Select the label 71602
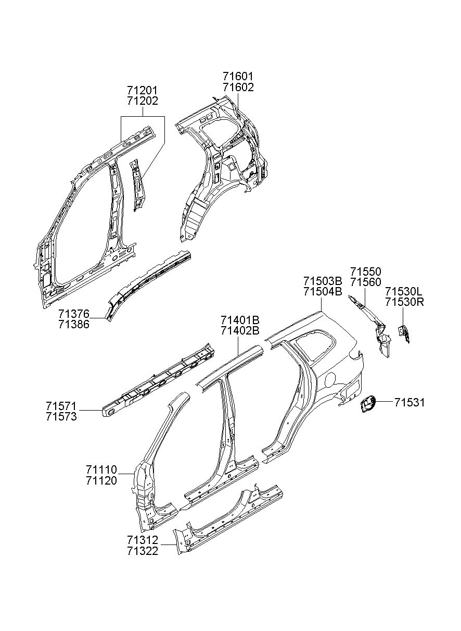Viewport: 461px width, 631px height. [238, 88]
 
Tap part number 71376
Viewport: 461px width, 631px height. [74, 314]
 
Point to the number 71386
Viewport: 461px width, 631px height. [74, 324]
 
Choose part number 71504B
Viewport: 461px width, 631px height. [323, 292]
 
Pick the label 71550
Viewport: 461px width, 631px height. [365, 272]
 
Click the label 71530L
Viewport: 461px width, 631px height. [404, 291]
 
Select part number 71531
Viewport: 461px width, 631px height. [409, 402]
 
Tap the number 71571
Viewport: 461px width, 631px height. [61, 406]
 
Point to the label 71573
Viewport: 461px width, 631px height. [61, 416]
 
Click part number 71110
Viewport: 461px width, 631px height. [101, 469]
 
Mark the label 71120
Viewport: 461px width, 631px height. [101, 480]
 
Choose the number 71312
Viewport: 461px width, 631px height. [142, 540]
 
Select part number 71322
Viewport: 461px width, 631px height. [142, 551]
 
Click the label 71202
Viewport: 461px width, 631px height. [142, 101]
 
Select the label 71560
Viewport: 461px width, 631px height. [365, 282]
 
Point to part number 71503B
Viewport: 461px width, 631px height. [323, 281]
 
